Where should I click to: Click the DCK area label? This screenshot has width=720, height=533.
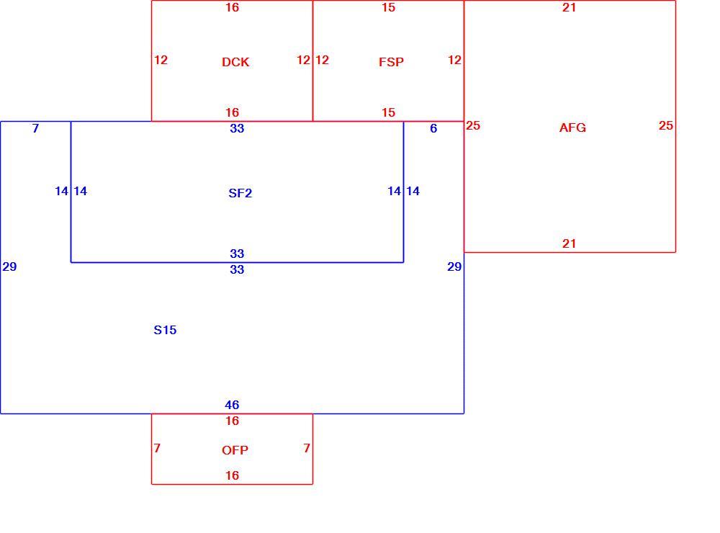(235, 62)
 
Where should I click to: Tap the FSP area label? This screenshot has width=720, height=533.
(391, 62)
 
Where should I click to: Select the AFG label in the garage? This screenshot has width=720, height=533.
(572, 127)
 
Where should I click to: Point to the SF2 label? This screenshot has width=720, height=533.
(240, 193)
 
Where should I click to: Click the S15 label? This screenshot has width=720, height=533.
(165, 330)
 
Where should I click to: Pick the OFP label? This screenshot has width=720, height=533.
(235, 450)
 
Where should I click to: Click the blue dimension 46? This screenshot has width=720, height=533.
(232, 405)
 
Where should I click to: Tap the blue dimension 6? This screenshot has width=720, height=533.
(433, 128)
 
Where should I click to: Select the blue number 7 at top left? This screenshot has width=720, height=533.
(36, 128)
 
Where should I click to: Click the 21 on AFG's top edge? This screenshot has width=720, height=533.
(569, 7)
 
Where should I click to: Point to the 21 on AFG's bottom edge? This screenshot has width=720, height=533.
(569, 243)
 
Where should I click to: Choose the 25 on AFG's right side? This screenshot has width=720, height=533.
(666, 125)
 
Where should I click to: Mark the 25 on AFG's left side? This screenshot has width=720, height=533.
(473, 125)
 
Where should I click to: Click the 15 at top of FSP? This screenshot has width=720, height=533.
(389, 7)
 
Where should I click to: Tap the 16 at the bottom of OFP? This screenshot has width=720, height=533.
(232, 475)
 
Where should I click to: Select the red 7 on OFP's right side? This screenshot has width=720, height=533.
(307, 448)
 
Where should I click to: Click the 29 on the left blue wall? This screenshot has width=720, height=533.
(9, 266)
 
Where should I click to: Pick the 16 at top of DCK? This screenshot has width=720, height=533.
(232, 7)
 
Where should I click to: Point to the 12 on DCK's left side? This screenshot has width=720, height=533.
(161, 60)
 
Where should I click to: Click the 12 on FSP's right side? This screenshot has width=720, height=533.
(454, 60)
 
